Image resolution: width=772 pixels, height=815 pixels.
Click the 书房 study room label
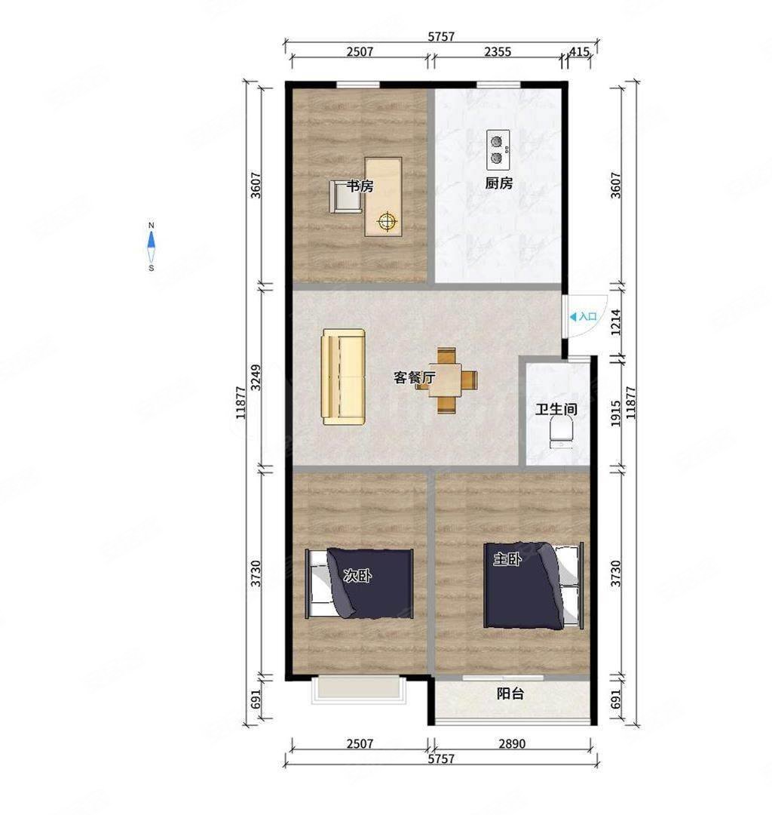pos(360,186)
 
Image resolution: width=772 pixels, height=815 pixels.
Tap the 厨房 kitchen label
pos(499,183)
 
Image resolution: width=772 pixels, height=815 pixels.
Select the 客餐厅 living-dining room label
pos(414,378)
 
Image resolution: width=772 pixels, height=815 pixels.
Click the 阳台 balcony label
pos(510,694)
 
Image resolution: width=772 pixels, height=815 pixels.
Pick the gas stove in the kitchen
pos(498,149)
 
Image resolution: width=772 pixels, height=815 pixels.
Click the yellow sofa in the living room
pos(344,377)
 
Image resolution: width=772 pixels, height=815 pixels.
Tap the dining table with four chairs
pos(446,380)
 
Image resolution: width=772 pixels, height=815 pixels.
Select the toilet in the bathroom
pos(561,433)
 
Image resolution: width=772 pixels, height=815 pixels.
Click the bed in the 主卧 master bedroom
pos(533,586)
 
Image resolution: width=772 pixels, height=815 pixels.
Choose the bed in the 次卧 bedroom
pos(360,583)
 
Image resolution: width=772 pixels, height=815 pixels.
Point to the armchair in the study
pos(345,196)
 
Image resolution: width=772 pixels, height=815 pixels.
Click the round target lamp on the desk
pos(387,222)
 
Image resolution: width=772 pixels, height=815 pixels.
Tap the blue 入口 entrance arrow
pos(573,316)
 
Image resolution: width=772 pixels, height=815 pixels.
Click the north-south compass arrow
pos(151,247)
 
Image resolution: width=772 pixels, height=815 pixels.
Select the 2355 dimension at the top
pos(498,52)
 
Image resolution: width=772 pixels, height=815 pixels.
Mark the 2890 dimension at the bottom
pos(512,743)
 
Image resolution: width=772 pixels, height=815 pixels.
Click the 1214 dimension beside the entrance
pos(615,322)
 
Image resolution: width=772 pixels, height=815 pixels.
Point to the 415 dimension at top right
pos(580,52)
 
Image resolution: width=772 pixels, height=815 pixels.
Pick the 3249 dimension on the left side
pos(256,378)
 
